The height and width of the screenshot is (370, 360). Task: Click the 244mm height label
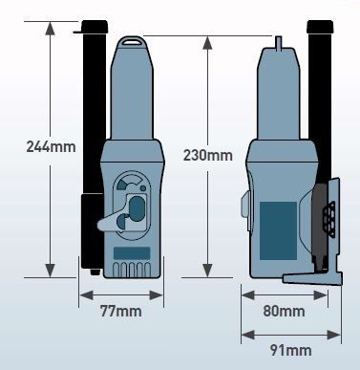coord(51,147)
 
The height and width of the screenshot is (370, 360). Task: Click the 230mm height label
coord(207,155)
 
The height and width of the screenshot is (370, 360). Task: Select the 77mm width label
coord(121,311)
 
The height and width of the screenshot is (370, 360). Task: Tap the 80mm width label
coord(284,311)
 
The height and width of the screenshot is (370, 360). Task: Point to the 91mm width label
coord(290,350)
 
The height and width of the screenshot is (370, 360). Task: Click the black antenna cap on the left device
coord(95,27)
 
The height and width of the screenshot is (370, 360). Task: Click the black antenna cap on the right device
coord(320,27)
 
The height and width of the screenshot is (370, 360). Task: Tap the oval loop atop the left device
coord(133,41)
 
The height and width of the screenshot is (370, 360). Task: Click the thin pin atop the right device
coord(279,43)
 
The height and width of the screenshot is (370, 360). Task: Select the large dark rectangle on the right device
coord(279,231)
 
